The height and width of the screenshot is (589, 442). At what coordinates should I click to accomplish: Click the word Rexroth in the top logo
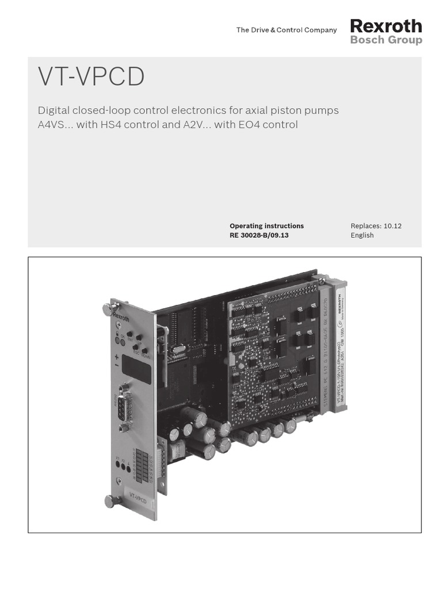(386, 26)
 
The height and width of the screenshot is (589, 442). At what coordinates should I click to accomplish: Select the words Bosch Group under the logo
(386, 40)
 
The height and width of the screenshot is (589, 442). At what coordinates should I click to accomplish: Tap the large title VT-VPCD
(91, 78)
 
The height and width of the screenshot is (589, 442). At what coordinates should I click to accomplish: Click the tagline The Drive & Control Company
(286, 30)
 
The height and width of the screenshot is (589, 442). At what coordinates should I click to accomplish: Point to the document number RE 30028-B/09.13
(259, 235)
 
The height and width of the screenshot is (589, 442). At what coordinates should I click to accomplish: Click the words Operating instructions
(266, 226)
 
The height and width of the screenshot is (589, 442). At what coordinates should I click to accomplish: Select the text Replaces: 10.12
(376, 226)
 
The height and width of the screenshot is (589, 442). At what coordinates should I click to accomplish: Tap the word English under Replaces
(362, 235)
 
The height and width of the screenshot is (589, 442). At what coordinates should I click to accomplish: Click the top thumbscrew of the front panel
(107, 309)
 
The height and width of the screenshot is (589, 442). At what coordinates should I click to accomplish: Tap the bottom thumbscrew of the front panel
(109, 500)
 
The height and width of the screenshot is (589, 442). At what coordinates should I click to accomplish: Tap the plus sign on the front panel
(117, 356)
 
